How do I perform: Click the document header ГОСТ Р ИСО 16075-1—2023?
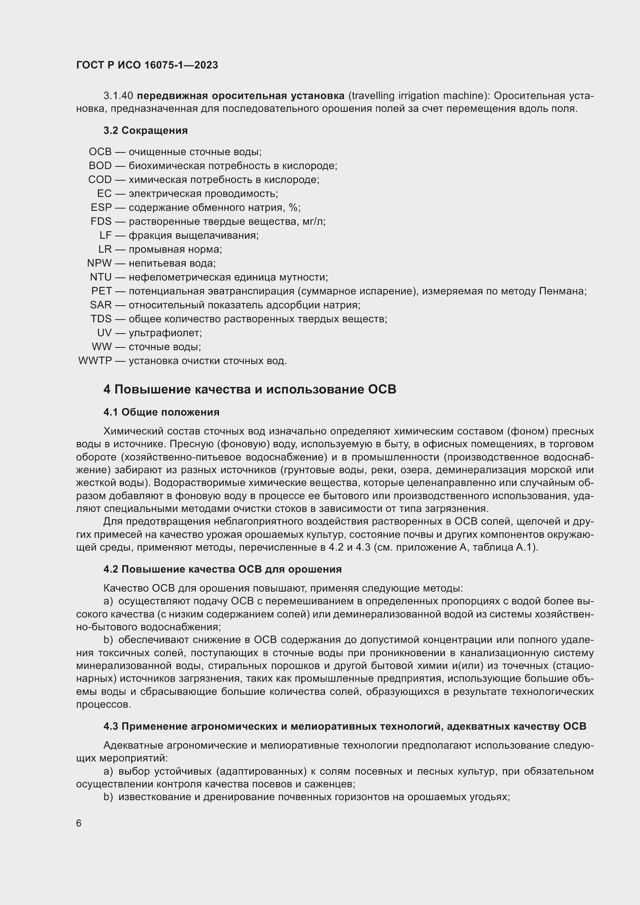pyautogui.click(x=147, y=65)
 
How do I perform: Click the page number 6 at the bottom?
pyautogui.click(x=79, y=823)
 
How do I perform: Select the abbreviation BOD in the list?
pyautogui.click(x=100, y=166)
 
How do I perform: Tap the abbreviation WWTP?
pyautogui.click(x=95, y=361)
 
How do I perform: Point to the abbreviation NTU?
pyautogui.click(x=101, y=277)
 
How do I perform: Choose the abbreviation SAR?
pyautogui.click(x=101, y=305)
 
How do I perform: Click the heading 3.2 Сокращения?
pyautogui.click(x=145, y=130)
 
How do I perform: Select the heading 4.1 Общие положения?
pyautogui.click(x=161, y=412)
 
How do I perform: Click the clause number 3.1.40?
pyautogui.click(x=118, y=96)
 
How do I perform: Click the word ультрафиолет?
pyautogui.click(x=165, y=333)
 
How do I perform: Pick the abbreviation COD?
pyautogui.click(x=100, y=180)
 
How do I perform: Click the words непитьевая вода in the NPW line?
pyautogui.click(x=171, y=263)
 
